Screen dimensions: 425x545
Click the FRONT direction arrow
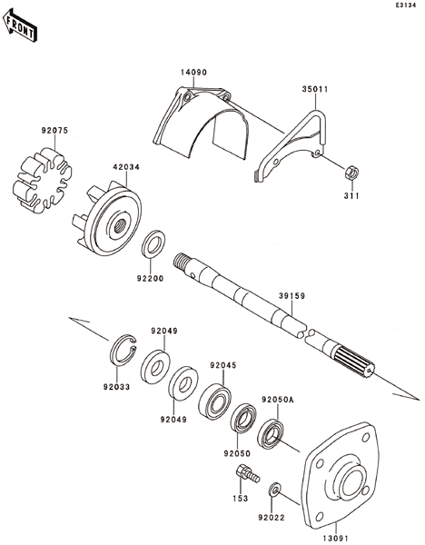[19, 25]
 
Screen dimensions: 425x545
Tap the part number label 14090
[193, 73]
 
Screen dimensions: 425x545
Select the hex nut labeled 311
[351, 173]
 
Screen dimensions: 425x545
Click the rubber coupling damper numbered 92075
[42, 180]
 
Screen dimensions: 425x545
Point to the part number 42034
[126, 167]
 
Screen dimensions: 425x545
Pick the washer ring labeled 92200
[153, 243]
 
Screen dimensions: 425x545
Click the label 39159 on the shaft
[292, 296]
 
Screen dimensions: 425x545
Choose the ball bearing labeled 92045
[214, 401]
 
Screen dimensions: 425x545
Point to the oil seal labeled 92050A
[271, 434]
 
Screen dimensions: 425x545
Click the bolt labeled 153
[247, 474]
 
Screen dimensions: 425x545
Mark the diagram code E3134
[405, 5]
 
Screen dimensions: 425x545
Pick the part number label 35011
[315, 89]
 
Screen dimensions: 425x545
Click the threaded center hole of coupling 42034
[120, 226]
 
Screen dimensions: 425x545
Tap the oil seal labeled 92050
[243, 419]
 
